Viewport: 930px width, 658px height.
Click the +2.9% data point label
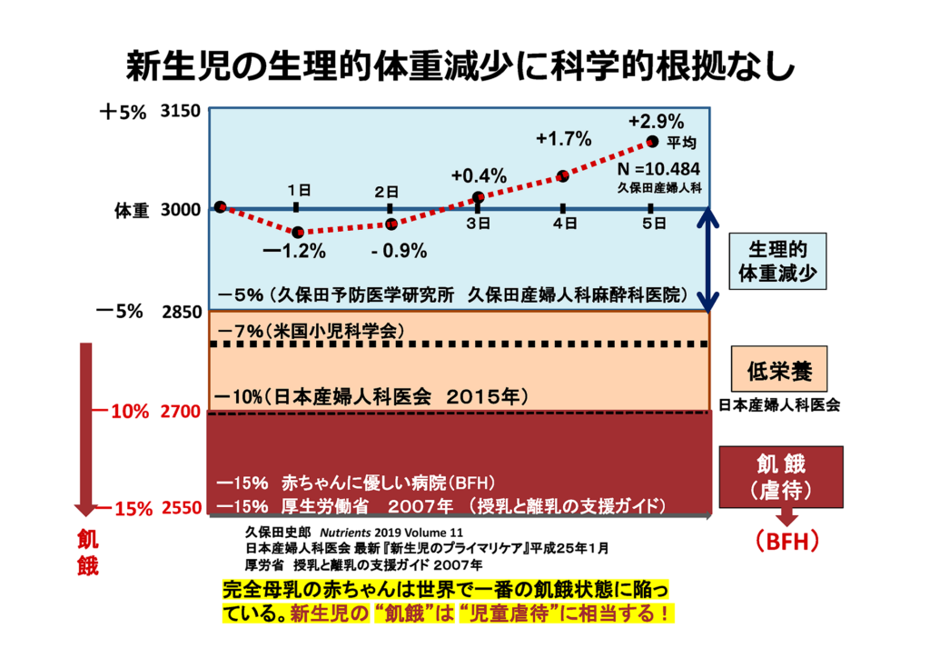656,121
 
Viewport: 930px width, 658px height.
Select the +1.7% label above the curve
563,139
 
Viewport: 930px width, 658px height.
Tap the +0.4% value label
479,176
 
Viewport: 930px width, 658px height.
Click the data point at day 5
652,142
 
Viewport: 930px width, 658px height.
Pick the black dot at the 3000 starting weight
220,207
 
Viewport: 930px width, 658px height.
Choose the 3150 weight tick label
180,113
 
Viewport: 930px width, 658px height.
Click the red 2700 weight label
180,412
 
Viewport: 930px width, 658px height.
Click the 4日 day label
566,223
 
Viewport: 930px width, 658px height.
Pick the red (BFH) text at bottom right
787,543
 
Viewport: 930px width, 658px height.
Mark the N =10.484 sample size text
658,170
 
